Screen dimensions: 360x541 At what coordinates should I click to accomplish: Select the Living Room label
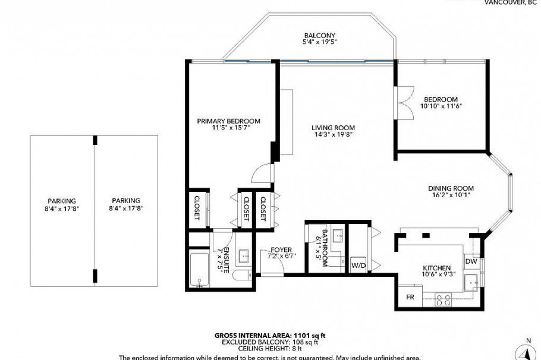pos(333,128)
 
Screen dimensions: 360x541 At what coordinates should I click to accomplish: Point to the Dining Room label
pos(451,188)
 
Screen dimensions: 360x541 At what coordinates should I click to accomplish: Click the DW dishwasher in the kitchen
pos(471,261)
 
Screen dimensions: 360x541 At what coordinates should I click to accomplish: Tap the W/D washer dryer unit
pos(357,265)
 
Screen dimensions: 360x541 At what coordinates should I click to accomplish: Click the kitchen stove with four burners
pos(443,299)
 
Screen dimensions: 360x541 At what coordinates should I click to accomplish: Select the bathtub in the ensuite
pos(199,270)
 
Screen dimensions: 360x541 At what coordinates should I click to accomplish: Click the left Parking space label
pos(62,201)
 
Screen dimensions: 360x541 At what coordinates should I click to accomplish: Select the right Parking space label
pos(125,201)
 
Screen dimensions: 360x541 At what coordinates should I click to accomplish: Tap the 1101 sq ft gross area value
pos(309,336)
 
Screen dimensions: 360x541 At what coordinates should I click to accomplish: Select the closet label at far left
pos(197,208)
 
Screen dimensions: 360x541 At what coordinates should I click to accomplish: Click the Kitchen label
pos(436,268)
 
